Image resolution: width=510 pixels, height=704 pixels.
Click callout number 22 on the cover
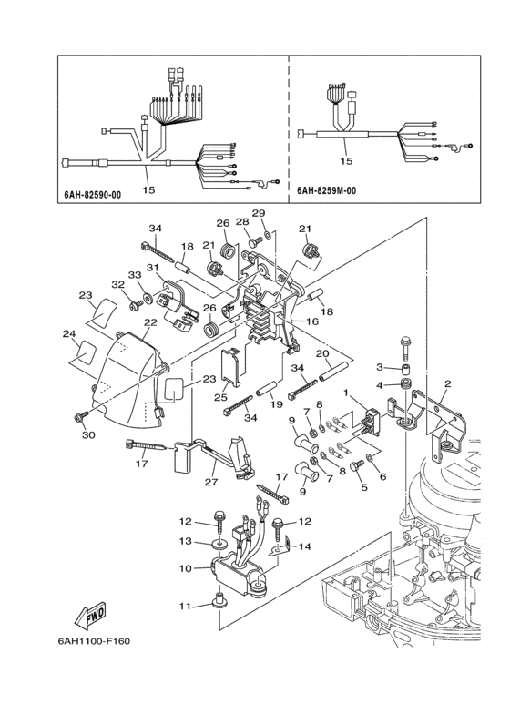point(150,323)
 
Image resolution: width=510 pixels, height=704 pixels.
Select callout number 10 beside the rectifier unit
point(186,568)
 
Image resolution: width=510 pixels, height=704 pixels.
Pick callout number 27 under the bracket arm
point(211,483)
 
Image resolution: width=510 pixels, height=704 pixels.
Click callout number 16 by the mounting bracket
point(311,321)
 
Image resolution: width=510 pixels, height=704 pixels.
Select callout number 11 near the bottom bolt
point(186,605)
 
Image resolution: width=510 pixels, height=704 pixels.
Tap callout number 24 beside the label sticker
point(69,334)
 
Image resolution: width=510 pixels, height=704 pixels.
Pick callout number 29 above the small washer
point(259,213)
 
